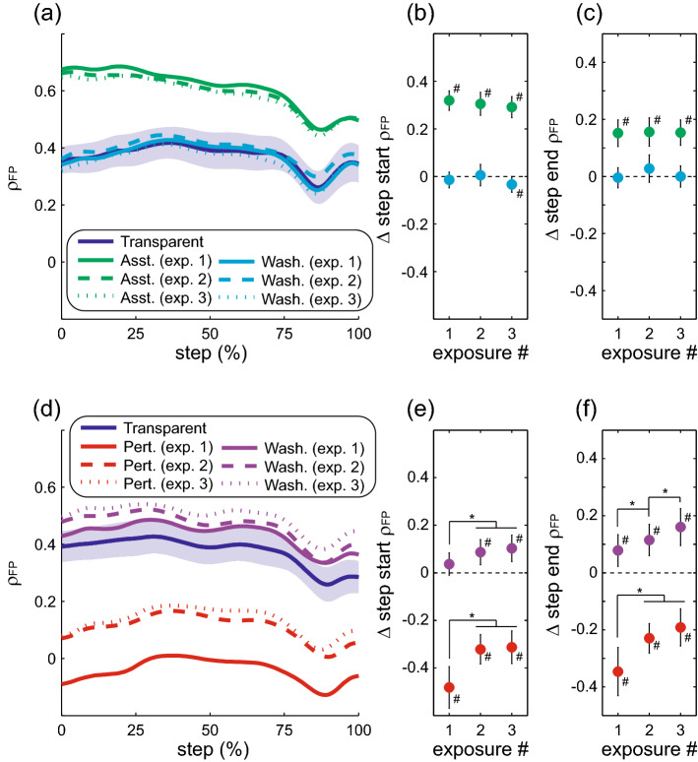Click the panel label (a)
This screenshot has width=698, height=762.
click(x=24, y=14)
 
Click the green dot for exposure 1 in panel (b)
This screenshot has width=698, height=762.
click(x=450, y=100)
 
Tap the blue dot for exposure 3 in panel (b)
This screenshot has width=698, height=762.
click(x=511, y=184)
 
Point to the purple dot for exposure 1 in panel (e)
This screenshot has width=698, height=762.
click(x=450, y=564)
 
